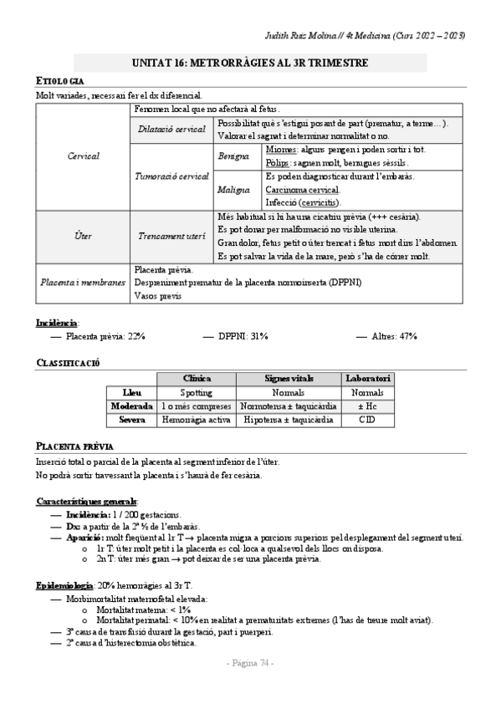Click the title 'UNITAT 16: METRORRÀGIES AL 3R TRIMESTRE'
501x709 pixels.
tap(250, 64)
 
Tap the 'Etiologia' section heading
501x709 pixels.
tap(59, 80)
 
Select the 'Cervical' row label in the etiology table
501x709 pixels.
tap(83, 156)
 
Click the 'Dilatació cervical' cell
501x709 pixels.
tap(171, 129)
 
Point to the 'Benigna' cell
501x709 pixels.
tap(233, 156)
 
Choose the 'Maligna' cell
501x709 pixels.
tap(233, 190)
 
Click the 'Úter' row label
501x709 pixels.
tap(83, 237)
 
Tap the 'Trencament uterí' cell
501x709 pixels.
tap(171, 237)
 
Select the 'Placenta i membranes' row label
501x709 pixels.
tap(83, 282)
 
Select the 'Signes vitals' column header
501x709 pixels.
tap(288, 379)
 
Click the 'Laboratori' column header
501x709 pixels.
tap(368, 379)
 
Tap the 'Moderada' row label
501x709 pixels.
tap(132, 406)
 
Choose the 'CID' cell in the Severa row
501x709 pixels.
tap(368, 419)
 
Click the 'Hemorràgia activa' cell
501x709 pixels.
tap(197, 419)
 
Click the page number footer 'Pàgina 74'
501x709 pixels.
tap(251, 663)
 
